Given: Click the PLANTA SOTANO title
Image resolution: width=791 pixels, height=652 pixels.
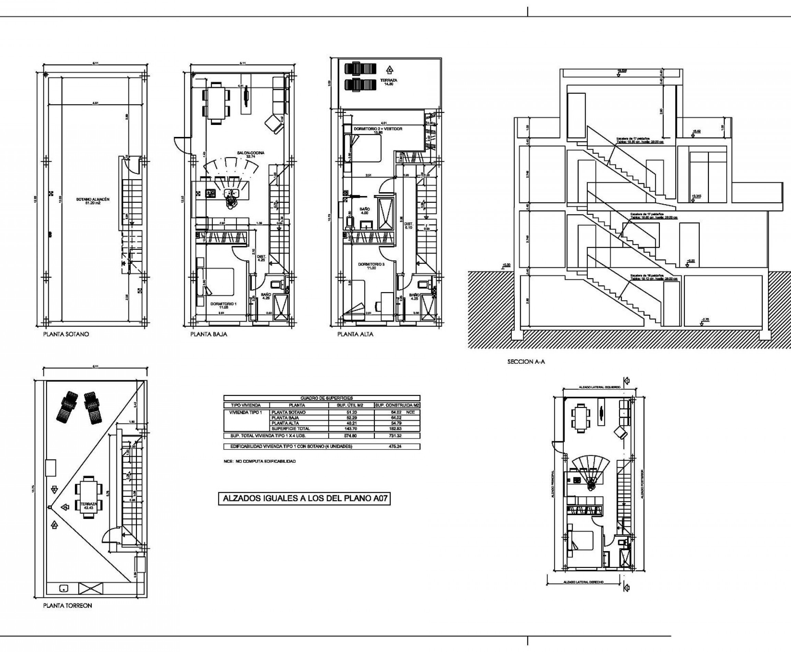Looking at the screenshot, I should click(66, 334).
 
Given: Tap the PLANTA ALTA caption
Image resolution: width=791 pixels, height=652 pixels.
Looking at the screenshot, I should click(355, 334).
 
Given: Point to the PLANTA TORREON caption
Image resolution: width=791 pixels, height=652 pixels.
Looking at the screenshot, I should click(68, 605).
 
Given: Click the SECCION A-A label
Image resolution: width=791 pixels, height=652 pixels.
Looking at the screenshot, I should click(526, 362).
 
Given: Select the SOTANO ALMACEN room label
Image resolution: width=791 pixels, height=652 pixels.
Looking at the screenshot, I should click(92, 201).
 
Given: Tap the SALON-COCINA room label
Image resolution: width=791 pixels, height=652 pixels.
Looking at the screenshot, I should click(251, 154).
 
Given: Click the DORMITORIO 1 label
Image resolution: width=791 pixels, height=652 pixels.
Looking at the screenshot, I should click(223, 305).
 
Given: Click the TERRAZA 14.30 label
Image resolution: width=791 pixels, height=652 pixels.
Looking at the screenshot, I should click(388, 82).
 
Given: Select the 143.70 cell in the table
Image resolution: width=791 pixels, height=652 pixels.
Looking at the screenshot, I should click(351, 429).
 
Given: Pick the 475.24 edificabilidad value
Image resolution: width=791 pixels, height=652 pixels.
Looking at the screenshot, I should click(397, 446).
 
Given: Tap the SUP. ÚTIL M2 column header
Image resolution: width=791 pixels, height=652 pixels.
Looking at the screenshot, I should click(351, 405).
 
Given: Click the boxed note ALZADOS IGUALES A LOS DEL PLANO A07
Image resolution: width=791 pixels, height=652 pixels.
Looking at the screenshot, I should click(305, 498).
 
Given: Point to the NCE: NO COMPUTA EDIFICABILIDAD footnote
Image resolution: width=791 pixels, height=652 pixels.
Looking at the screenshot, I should click(259, 461).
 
